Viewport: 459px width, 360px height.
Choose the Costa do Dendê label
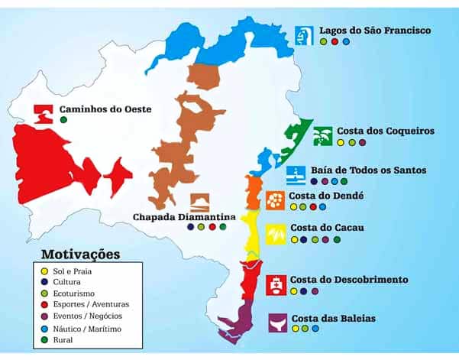point(326,196)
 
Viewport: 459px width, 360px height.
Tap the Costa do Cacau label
point(327,228)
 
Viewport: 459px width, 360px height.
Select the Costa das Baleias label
point(333,317)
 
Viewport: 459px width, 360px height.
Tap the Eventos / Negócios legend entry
point(91,315)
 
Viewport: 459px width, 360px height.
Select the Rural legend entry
point(68,338)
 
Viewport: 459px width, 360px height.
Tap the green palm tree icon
point(322,135)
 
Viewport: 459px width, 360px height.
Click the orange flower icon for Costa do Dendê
point(274,200)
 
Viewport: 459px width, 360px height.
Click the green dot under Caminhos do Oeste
point(63,120)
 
